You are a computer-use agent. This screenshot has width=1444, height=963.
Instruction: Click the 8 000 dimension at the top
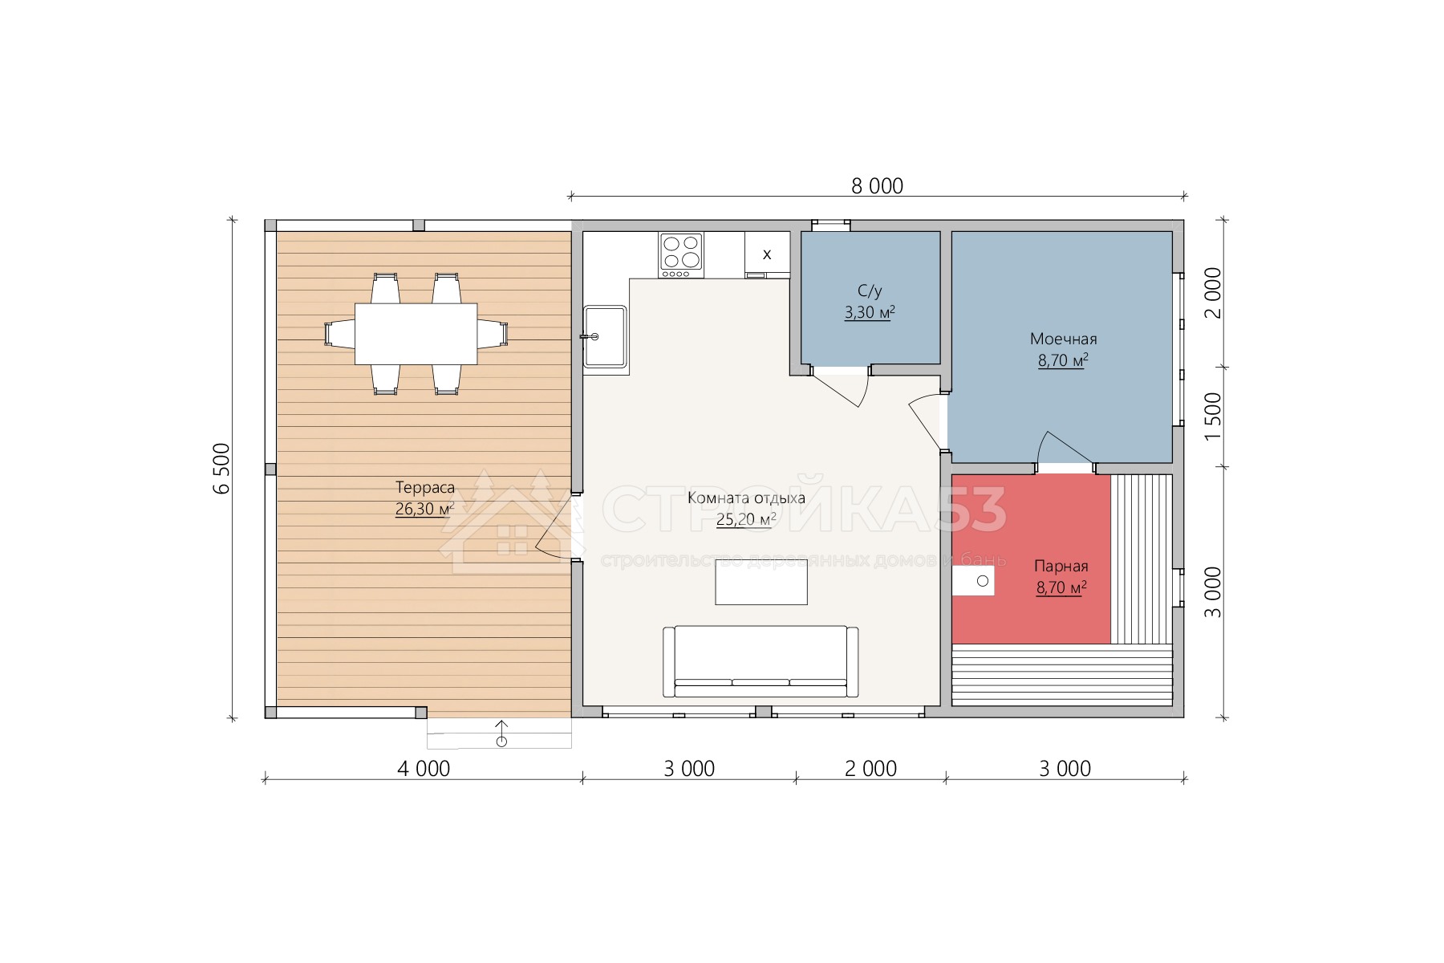coord(877,186)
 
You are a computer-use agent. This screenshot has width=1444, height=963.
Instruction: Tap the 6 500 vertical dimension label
coord(222,469)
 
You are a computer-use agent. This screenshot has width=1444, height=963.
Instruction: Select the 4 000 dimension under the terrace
coord(424,769)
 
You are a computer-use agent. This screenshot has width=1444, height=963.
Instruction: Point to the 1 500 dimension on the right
coord(1213,416)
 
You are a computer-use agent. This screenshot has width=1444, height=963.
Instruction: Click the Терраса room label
coord(425,487)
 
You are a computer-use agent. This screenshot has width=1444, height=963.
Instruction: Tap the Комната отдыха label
coord(746,498)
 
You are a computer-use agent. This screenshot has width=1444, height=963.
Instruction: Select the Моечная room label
coord(1063,339)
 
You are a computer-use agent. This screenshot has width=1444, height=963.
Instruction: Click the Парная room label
coord(1061,566)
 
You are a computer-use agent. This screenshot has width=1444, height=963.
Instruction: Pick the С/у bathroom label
coord(870,291)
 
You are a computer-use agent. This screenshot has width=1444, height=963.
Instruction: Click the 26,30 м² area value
coord(425,509)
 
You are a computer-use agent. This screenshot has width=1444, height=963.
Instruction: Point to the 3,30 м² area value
coord(870,313)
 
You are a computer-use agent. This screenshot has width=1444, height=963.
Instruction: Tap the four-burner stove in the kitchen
coord(681,254)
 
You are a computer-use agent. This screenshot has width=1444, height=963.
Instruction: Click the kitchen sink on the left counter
coord(605,336)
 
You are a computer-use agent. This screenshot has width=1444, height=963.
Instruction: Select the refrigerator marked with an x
coord(767,254)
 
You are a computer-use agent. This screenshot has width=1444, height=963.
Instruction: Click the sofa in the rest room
coord(761,661)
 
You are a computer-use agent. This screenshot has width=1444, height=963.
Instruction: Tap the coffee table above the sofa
coord(761,582)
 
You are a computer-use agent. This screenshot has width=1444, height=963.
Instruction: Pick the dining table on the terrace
coord(416,333)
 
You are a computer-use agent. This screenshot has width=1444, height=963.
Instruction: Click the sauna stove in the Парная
coord(973,580)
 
